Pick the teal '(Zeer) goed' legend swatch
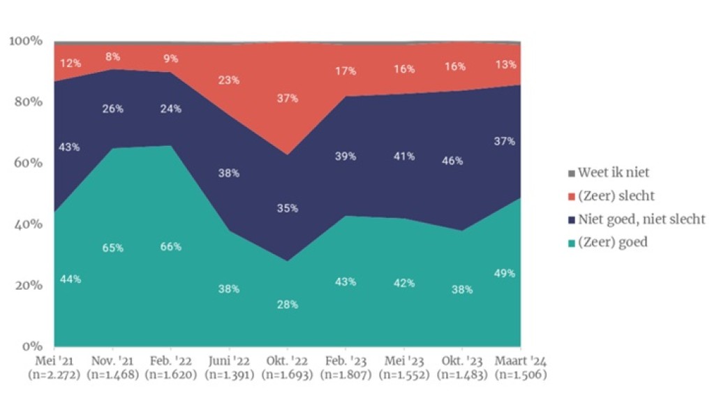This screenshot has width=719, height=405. click(571, 243)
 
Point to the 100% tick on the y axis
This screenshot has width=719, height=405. click(26, 41)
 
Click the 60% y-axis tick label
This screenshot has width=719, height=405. click(29, 163)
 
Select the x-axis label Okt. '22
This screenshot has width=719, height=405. click(286, 362)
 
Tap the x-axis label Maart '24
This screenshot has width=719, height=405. click(520, 362)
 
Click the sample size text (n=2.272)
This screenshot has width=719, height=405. click(54, 375)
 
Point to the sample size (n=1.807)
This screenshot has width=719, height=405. click(344, 375)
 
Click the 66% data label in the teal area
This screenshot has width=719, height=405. click(170, 246)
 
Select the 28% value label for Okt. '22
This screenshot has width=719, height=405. click(287, 304)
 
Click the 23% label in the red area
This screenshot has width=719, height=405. click(228, 80)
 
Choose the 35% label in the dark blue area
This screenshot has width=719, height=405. click(287, 208)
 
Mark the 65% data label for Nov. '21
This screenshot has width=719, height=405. click(112, 248)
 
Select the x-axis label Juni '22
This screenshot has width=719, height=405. click(228, 362)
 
